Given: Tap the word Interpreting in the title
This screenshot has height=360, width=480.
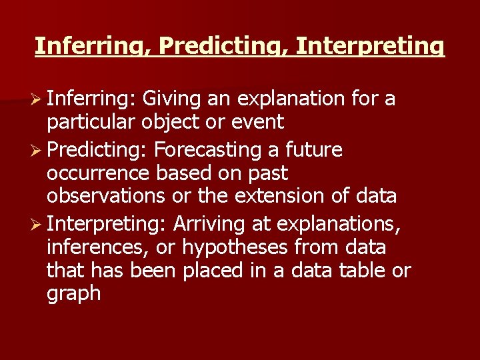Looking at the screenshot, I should pyautogui.click(x=369, y=46).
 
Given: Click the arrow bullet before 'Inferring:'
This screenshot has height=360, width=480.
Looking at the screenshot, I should pyautogui.click(x=39, y=99).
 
